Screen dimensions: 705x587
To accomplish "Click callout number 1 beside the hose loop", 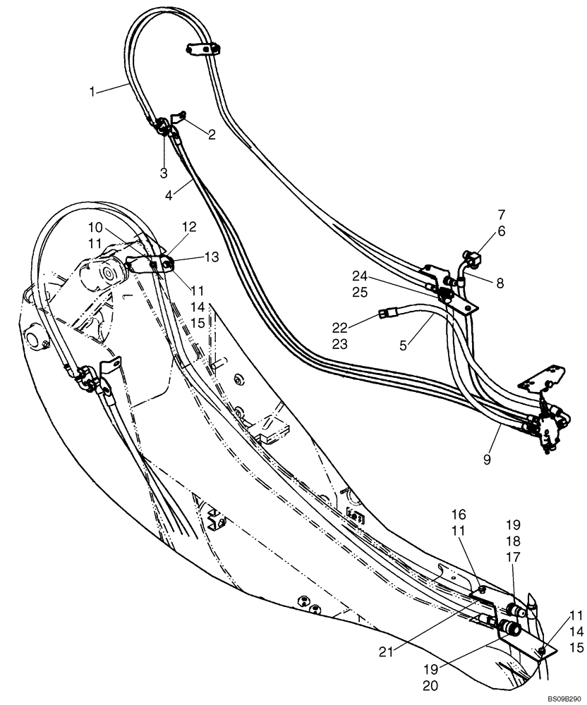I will pos(93,90).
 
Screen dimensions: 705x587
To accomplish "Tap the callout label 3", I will pos(164,173).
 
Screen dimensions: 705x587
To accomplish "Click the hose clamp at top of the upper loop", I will pos(205,49).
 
